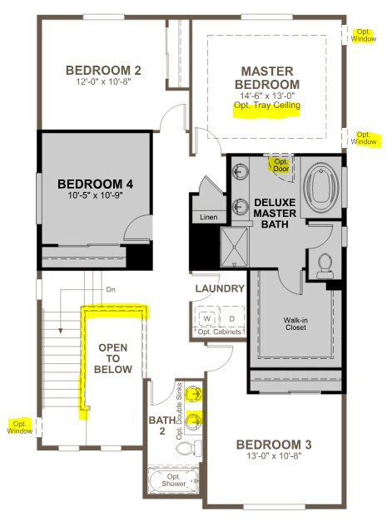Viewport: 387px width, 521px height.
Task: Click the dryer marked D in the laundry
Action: [x=231, y=317]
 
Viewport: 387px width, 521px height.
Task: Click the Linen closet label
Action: [x=208, y=217]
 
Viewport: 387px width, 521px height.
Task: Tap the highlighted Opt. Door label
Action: [x=279, y=164]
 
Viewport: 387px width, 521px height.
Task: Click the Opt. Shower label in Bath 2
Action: [x=174, y=481]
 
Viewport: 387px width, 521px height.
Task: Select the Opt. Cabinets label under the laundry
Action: [x=220, y=332]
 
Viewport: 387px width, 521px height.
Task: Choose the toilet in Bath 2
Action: [x=188, y=450]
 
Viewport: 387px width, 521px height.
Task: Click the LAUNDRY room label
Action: [x=220, y=289]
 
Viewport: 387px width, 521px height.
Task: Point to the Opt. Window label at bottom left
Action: [x=20, y=426]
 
